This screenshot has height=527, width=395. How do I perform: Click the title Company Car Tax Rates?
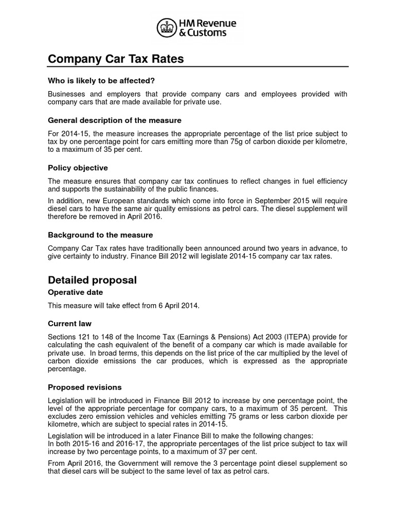coord(116,59)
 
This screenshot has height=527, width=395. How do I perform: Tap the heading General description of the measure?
coord(115,120)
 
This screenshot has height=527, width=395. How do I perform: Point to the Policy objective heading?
coord(78,168)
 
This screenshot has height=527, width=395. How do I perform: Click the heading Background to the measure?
coord(100,235)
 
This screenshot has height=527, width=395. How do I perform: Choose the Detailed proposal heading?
coord(92,280)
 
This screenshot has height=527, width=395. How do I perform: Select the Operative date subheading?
coord(75,292)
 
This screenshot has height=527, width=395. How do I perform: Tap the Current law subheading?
coord(69,324)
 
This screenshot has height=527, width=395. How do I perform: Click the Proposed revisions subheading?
coord(85,387)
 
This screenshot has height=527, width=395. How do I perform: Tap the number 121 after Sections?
coord(86,337)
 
